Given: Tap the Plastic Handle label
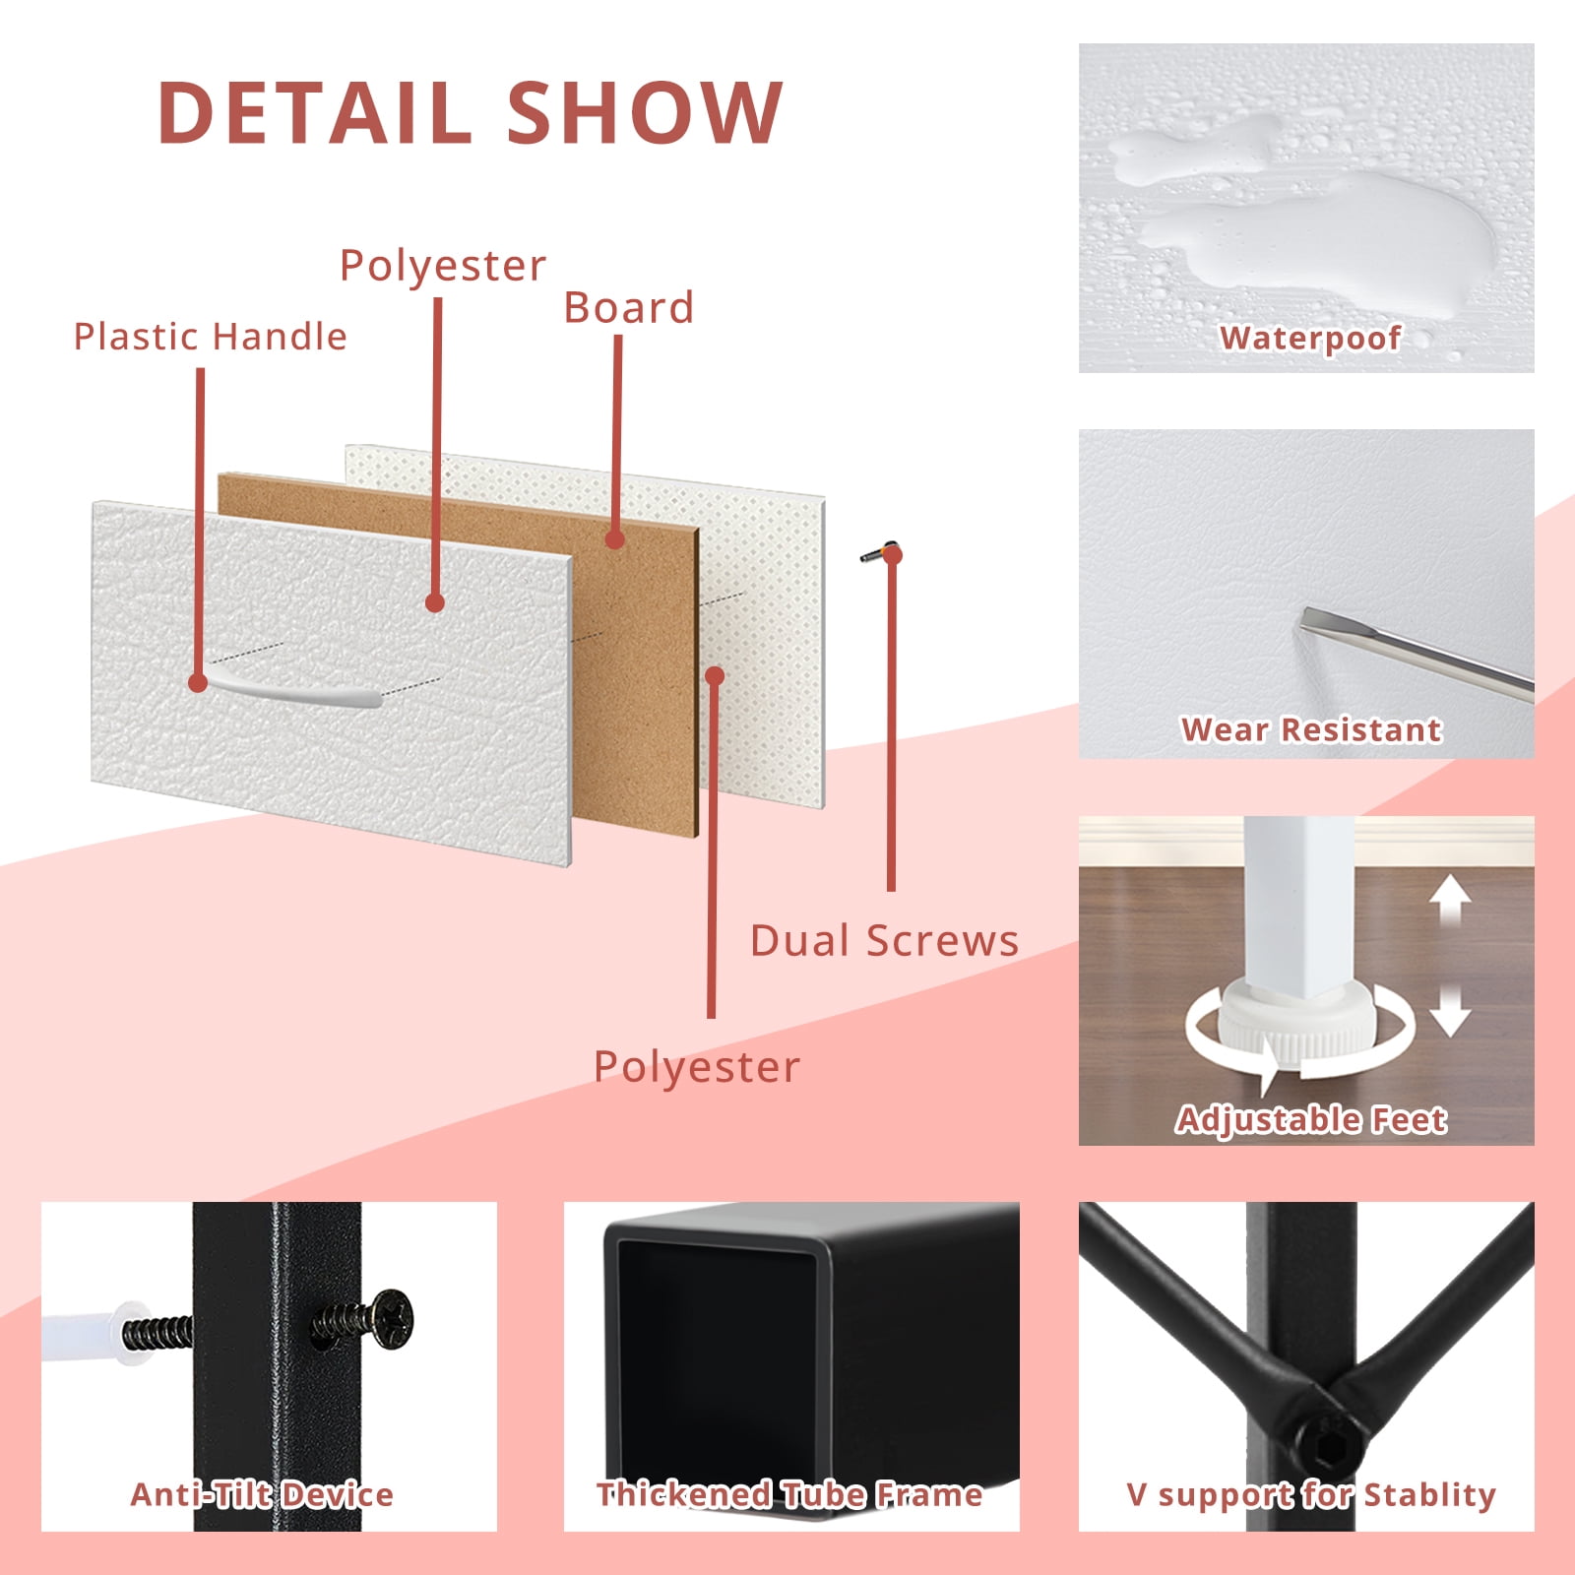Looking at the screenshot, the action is (x=211, y=337).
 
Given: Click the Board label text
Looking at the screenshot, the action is (x=629, y=308).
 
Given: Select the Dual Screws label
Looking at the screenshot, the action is (x=884, y=941).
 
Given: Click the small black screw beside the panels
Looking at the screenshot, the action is (x=879, y=553).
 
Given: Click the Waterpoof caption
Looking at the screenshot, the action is (x=1310, y=338).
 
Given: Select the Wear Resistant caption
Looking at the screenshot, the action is (x=1311, y=729).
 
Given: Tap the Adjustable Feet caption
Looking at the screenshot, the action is (x=1311, y=1120).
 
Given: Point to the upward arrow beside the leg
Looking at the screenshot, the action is (x=1449, y=901).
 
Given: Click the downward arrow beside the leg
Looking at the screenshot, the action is (x=1449, y=1009).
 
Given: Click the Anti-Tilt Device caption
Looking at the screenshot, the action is (x=262, y=1494).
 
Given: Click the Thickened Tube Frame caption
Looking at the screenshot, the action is (x=789, y=1494).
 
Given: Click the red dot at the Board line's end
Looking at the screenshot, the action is (x=615, y=539).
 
